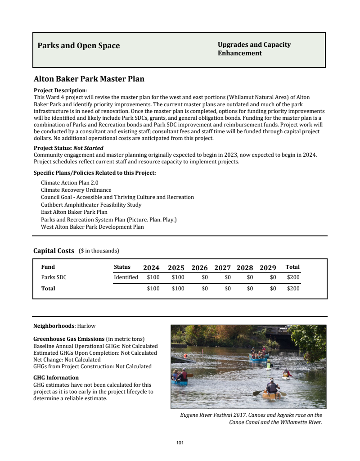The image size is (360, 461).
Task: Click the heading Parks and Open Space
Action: coord(79,45)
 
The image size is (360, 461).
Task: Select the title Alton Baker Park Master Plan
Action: coord(89,79)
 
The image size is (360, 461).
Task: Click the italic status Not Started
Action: coord(88,148)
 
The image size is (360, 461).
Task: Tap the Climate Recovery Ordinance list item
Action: coord(76,190)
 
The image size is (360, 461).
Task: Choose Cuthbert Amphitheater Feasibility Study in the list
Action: coord(91,205)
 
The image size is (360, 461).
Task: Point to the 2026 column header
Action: coord(199,267)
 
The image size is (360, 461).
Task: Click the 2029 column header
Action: coord(268,267)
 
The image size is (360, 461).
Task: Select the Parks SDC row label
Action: coord(54,277)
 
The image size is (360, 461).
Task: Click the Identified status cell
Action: coord(126,277)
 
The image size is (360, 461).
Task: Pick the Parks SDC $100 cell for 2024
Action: coord(153,277)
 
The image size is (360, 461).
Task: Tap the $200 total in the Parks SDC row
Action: coord(293,277)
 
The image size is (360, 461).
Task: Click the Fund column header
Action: coord(48,267)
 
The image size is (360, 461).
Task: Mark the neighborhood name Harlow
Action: coord(86,325)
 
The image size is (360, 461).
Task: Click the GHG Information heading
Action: coord(56,378)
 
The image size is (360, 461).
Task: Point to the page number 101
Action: coord(180,443)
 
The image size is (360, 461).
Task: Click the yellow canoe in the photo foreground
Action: coord(271,395)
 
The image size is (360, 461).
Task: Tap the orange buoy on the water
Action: coord(185,356)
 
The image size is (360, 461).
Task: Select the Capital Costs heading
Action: coord(54,251)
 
